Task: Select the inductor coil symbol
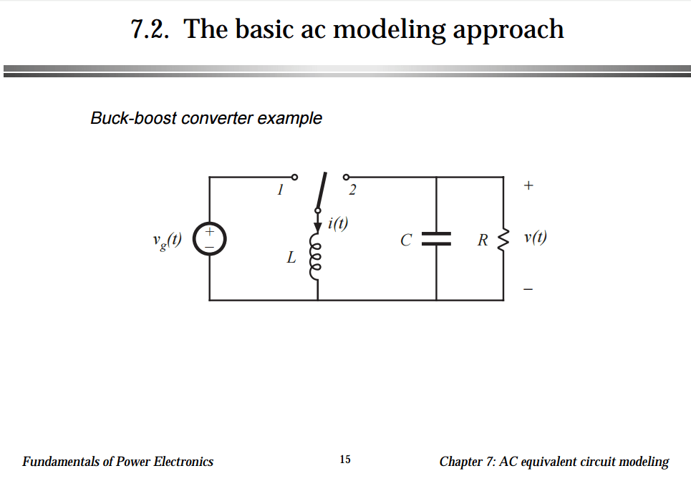click(x=317, y=254)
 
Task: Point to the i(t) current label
click(x=338, y=223)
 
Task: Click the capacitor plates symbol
click(x=436, y=239)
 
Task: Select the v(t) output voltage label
click(x=535, y=238)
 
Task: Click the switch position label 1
click(x=281, y=190)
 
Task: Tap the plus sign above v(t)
click(x=528, y=185)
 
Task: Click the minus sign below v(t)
click(x=528, y=290)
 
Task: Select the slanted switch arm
click(x=322, y=192)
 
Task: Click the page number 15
click(x=345, y=460)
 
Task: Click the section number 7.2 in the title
click(x=150, y=30)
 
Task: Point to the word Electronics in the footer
click(x=183, y=462)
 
